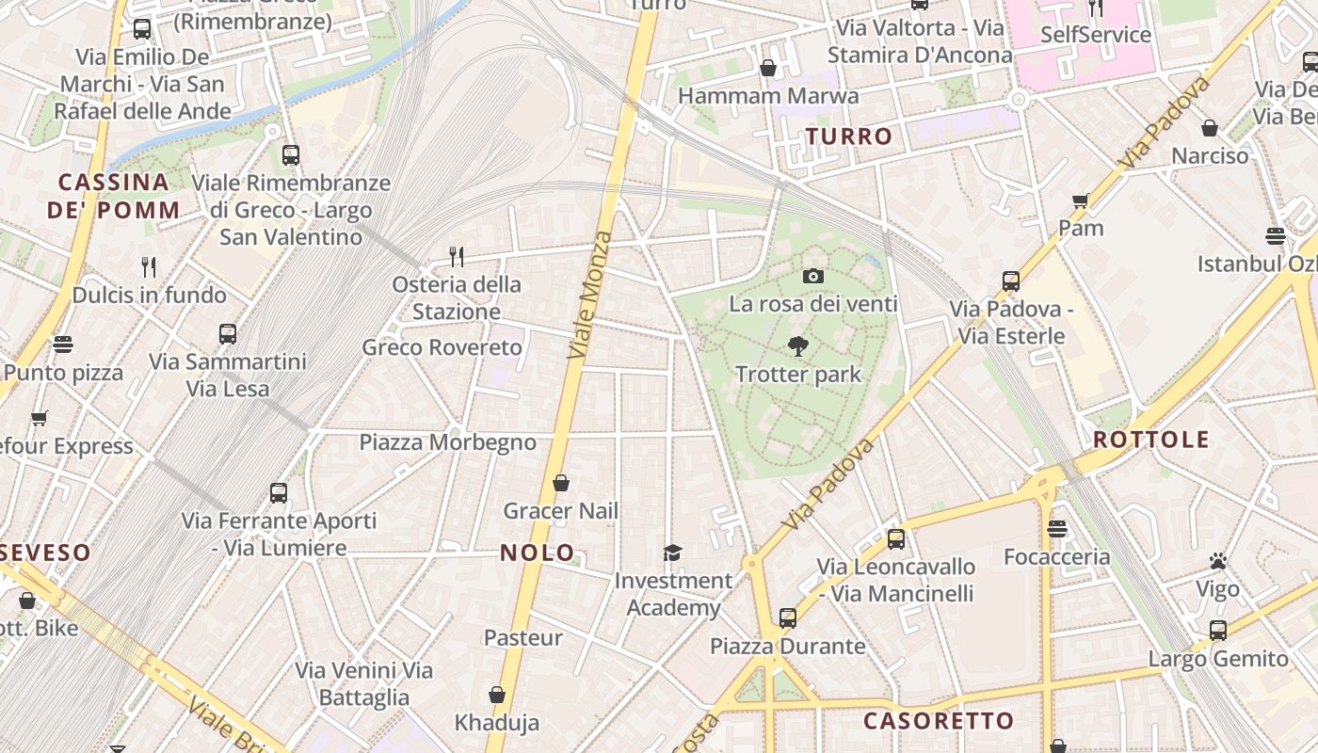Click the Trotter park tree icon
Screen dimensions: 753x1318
(x=798, y=346)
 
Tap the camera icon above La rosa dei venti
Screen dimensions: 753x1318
(x=813, y=276)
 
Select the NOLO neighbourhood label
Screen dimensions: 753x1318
(x=537, y=553)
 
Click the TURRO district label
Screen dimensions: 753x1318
(x=848, y=136)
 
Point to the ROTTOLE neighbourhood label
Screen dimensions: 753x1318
(x=1150, y=440)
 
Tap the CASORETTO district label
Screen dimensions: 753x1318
(x=939, y=721)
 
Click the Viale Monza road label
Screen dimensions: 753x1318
(x=590, y=295)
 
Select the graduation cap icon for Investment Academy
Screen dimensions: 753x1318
(x=672, y=553)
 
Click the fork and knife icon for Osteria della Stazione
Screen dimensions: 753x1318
(x=457, y=256)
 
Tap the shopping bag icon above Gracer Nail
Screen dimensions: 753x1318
(x=561, y=483)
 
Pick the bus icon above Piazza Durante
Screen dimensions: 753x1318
(x=787, y=618)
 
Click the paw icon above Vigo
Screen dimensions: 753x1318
(x=1218, y=562)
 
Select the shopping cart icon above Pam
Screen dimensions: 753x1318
(x=1080, y=200)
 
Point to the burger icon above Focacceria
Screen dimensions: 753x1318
(x=1057, y=529)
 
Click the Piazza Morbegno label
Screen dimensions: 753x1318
(x=447, y=442)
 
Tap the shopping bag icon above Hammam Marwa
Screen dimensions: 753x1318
(x=768, y=68)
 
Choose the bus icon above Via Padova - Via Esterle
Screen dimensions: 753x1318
(x=1011, y=280)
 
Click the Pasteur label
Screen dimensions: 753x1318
(x=522, y=637)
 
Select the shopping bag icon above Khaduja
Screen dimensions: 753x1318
(x=497, y=695)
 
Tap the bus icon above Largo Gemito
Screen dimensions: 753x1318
(x=1218, y=631)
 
